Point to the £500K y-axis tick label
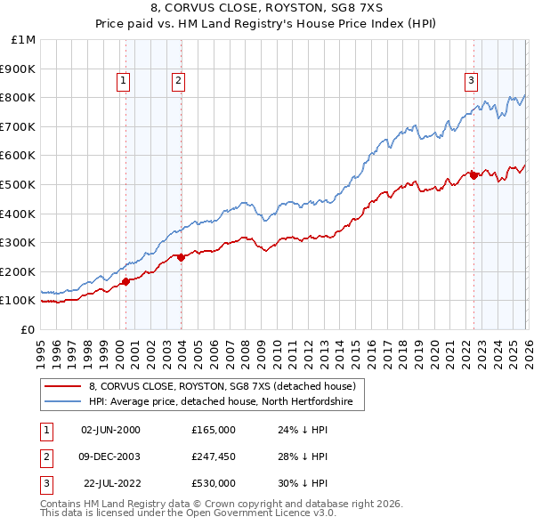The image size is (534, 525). point(20,184)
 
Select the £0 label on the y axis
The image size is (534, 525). point(28,329)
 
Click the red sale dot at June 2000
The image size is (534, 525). point(125,281)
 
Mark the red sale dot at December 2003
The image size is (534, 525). point(181,257)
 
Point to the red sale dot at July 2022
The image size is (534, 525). point(473,175)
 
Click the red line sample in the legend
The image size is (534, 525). point(63,386)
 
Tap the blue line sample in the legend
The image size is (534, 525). point(63,402)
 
